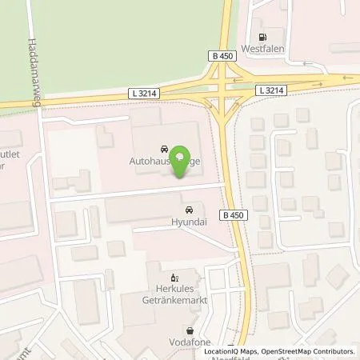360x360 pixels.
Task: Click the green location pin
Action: [182, 159]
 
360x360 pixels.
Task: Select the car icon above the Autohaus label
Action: [164, 149]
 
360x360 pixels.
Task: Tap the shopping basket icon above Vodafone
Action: [190, 330]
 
